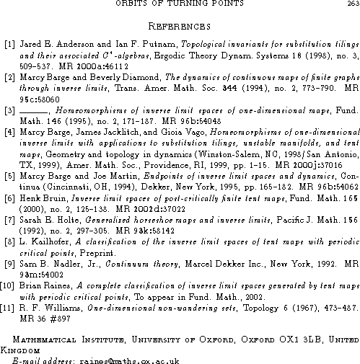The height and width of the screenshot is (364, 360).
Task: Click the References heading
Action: pyautogui.click(x=179, y=27)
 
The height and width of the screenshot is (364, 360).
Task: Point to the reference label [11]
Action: pyautogui.click(x=9, y=288)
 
